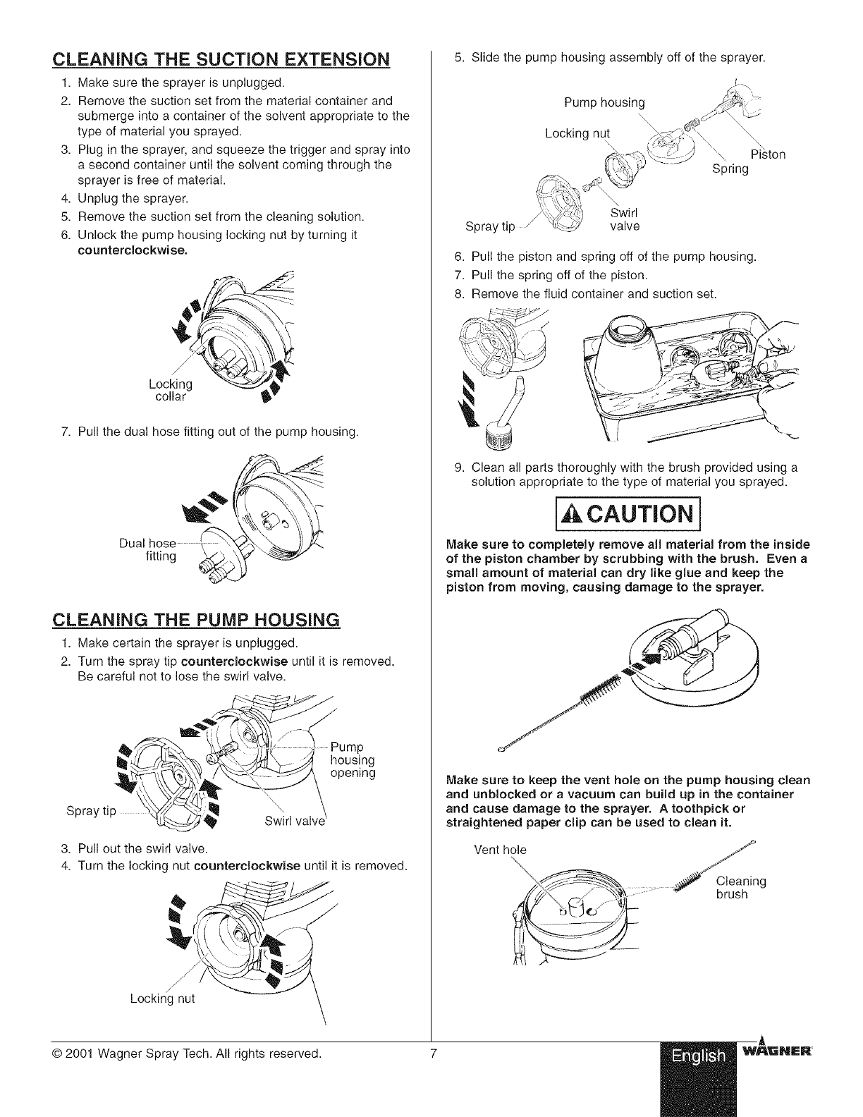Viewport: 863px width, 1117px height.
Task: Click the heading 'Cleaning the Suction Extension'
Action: pos(221,58)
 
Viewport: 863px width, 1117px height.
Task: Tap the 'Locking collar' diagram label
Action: pos(171,390)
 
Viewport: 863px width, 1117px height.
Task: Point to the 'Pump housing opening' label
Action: pos(353,759)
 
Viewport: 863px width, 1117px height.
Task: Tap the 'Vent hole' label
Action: pos(500,849)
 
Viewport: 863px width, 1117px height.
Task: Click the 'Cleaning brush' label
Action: pos(740,887)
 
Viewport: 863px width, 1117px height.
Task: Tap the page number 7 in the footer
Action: pos(435,1055)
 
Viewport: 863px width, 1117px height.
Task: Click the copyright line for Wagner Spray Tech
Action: pos(187,1055)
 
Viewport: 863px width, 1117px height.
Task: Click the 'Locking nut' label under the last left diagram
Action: pos(162,999)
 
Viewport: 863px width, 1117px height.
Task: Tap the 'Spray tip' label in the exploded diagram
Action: pos(491,226)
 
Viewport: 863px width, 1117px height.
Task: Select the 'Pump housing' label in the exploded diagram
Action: pos(604,103)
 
